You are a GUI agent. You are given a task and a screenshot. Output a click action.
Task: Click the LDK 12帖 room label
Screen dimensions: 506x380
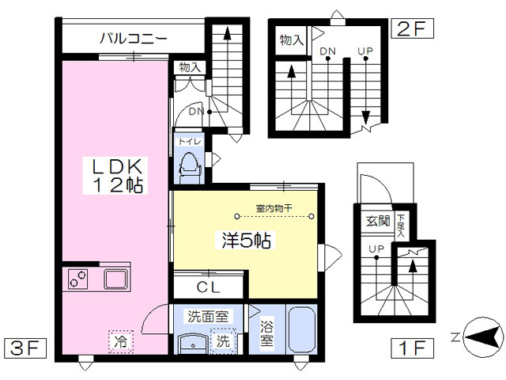(118, 176)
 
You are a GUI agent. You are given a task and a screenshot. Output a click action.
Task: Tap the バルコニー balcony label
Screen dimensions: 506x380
(134, 39)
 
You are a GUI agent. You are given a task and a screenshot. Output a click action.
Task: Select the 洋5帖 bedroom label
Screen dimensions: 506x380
(246, 240)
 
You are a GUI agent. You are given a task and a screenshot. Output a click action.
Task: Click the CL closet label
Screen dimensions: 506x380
(209, 287)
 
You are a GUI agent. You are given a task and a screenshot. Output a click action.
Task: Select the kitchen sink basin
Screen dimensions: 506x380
(115, 279)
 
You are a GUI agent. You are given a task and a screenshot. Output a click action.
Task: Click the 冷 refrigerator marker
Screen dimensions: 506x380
(121, 341)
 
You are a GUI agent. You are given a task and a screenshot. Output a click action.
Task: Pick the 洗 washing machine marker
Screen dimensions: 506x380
(223, 340)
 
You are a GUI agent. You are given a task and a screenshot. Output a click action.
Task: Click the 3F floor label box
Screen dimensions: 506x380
(25, 348)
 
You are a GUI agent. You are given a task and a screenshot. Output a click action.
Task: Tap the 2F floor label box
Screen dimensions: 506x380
(412, 28)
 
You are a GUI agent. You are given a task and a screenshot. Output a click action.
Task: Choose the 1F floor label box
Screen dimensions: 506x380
(412, 348)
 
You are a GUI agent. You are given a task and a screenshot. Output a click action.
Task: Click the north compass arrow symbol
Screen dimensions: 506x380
(483, 338)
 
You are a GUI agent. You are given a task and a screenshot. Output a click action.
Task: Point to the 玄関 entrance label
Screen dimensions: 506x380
(378, 222)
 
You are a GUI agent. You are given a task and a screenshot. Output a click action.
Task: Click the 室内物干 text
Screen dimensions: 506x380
(274, 208)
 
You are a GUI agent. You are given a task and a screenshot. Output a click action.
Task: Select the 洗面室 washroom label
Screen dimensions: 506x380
(208, 317)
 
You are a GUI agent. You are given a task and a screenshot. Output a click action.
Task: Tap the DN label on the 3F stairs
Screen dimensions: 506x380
(197, 112)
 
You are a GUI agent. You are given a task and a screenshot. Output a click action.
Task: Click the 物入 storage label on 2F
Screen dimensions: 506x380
(292, 40)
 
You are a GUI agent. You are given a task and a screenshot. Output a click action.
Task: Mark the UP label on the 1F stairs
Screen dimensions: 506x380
(376, 249)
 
